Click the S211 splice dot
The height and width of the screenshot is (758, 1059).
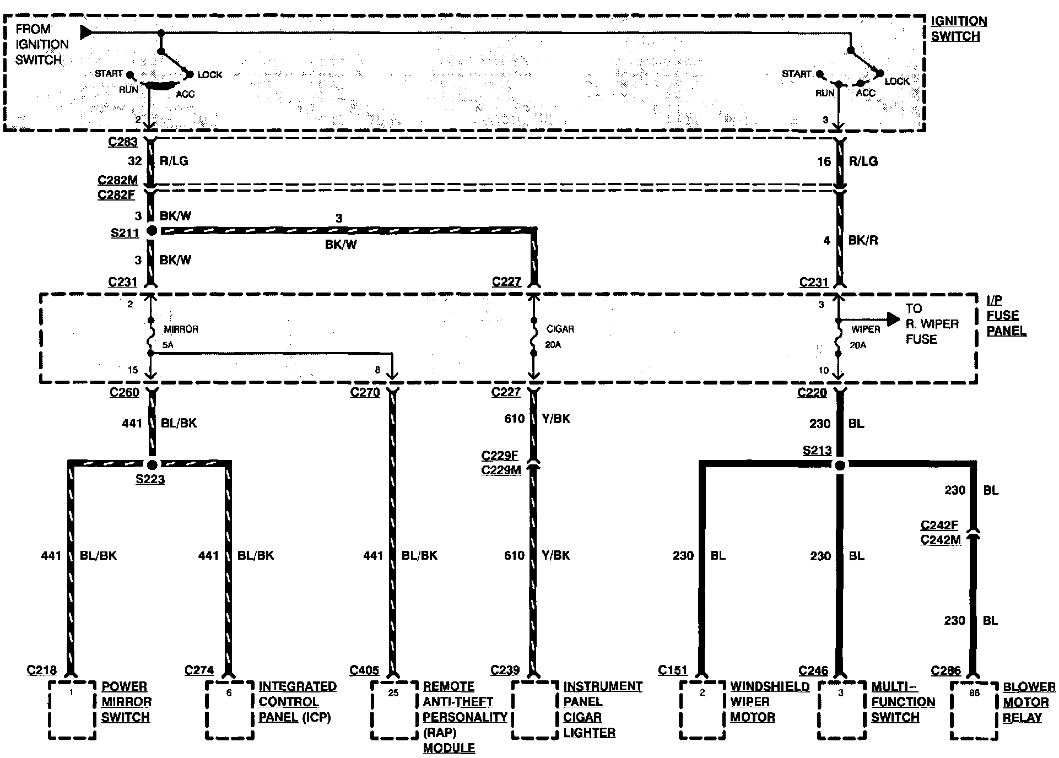pyautogui.click(x=152, y=231)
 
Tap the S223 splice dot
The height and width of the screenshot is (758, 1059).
pyautogui.click(x=152, y=464)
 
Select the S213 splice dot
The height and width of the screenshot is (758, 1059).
pyautogui.click(x=839, y=465)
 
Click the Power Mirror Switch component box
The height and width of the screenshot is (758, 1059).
pyautogui.click(x=72, y=710)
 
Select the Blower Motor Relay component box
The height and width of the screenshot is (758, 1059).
pyautogui.click(x=974, y=711)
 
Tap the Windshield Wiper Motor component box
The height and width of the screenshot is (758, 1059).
pyautogui.click(x=702, y=710)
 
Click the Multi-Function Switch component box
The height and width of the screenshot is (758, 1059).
pyautogui.click(x=840, y=711)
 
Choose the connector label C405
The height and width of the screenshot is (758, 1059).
pyautogui.click(x=364, y=670)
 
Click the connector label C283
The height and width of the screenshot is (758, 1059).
pyautogui.click(x=123, y=142)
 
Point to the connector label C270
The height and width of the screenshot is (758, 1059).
pyautogui.click(x=365, y=392)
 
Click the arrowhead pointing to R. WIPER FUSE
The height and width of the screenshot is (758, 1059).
pyautogui.click(x=893, y=318)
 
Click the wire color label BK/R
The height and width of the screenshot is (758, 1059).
pyautogui.click(x=863, y=240)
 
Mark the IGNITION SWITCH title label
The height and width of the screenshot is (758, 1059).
pyautogui.click(x=959, y=29)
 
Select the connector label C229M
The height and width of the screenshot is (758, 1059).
pyautogui.click(x=501, y=470)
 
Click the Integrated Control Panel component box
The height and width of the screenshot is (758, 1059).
pyautogui.click(x=230, y=710)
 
